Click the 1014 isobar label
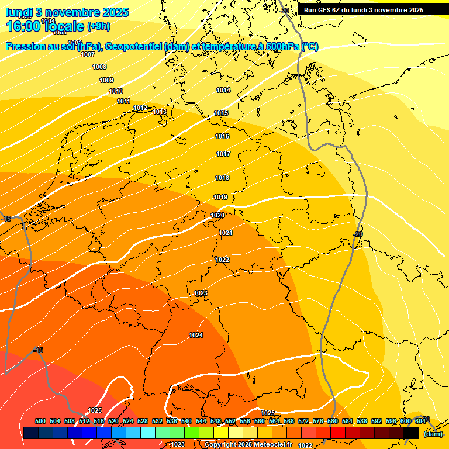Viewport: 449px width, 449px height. [223, 90]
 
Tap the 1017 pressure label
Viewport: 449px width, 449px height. [223, 154]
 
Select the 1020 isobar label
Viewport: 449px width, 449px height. [217, 215]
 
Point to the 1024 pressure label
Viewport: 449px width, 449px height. [196, 335]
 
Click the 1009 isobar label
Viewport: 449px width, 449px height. [106, 80]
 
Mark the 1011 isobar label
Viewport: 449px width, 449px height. [123, 101]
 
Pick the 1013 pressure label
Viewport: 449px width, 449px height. [160, 112]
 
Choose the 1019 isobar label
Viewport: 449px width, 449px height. [220, 197]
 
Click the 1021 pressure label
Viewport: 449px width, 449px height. [226, 233]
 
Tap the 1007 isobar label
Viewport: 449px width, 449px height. [88, 54]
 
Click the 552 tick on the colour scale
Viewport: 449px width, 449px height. [230, 421]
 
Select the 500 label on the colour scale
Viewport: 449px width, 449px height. [40, 421]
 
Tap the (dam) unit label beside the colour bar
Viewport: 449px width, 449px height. [433, 434]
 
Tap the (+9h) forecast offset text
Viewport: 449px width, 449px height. [98, 26]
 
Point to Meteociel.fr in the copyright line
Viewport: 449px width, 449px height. [270, 445]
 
